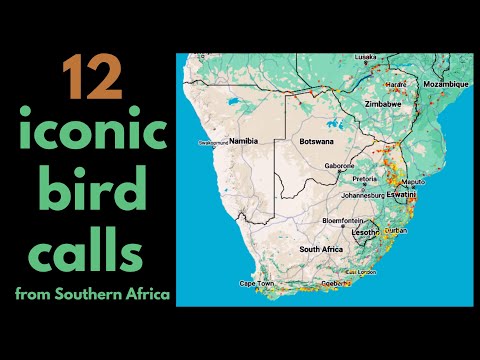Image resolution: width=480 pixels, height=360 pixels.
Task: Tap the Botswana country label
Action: pos(319,142)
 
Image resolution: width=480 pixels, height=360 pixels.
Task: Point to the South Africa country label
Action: pos(321,249)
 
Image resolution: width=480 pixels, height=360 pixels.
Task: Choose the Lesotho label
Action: pos(367,232)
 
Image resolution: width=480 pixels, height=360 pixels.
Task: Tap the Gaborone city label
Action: pos(341,166)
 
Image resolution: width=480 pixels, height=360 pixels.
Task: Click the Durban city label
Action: pos(395,230)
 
